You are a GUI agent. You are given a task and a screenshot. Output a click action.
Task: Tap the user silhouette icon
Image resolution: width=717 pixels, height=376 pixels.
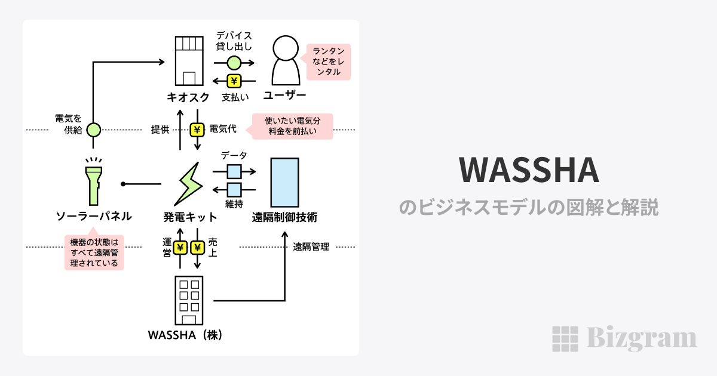tap(286, 61)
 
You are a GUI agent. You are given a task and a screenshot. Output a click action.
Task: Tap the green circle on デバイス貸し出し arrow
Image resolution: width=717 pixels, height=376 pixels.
tap(234, 62)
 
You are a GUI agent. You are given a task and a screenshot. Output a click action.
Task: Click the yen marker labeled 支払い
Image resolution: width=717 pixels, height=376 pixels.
tap(234, 81)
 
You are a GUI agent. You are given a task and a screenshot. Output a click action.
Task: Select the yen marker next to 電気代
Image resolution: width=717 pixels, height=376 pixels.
tap(197, 129)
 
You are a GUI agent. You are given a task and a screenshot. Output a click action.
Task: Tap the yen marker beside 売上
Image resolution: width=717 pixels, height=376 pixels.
tap(197, 247)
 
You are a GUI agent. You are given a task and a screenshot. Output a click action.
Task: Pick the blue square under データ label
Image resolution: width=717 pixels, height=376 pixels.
tap(234, 171)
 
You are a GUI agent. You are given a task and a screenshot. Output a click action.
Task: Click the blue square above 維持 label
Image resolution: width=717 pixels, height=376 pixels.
tap(234, 190)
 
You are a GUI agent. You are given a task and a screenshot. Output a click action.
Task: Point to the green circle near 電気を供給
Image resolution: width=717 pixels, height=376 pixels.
tap(93, 129)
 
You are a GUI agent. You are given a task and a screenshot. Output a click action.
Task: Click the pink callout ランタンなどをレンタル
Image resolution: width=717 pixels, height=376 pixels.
tap(327, 62)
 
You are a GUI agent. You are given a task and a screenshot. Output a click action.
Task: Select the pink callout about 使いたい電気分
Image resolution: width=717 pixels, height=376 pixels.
tap(292, 127)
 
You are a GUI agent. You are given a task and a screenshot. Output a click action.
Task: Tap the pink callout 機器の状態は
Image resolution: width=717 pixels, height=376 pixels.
tap(94, 252)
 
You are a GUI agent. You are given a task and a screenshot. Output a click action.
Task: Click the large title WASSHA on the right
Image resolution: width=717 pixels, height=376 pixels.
tap(529, 171)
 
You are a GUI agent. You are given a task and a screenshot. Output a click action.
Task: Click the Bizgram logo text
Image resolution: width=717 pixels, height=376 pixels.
tap(640, 338)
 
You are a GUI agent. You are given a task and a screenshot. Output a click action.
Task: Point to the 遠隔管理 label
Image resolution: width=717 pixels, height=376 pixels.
tap(311, 247)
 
